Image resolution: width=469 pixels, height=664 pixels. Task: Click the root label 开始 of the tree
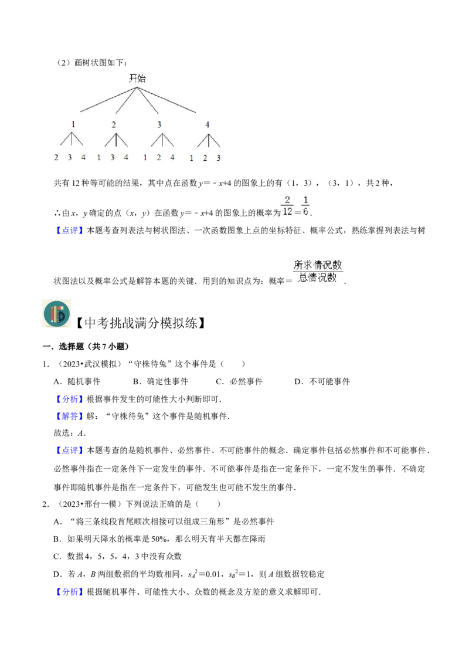tap(137, 79)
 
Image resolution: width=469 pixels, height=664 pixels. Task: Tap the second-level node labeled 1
tap(73, 124)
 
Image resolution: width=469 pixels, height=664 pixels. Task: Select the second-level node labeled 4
tap(208, 124)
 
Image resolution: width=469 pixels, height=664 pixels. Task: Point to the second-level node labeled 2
tap(114, 124)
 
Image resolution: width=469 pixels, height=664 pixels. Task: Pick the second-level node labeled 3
tap(159, 124)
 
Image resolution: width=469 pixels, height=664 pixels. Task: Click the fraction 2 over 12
tap(287, 206)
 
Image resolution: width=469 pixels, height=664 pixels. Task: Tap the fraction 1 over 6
tap(305, 206)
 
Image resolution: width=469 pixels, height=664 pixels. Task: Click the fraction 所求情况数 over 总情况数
tap(318, 272)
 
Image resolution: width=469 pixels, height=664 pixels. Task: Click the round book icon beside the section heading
tap(57, 314)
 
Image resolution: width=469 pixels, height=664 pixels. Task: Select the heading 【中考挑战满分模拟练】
tap(141, 323)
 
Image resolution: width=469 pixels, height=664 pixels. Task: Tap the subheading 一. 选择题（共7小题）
tap(86, 347)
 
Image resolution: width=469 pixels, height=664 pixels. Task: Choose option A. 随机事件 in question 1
tap(77, 381)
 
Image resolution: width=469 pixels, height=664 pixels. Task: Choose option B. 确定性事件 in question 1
tap(161, 381)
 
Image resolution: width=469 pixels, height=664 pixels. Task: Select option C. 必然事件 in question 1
tap(239, 381)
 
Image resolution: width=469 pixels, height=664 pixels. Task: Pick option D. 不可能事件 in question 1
tap(322, 381)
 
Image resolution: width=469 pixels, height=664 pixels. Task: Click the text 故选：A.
tap(70, 433)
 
